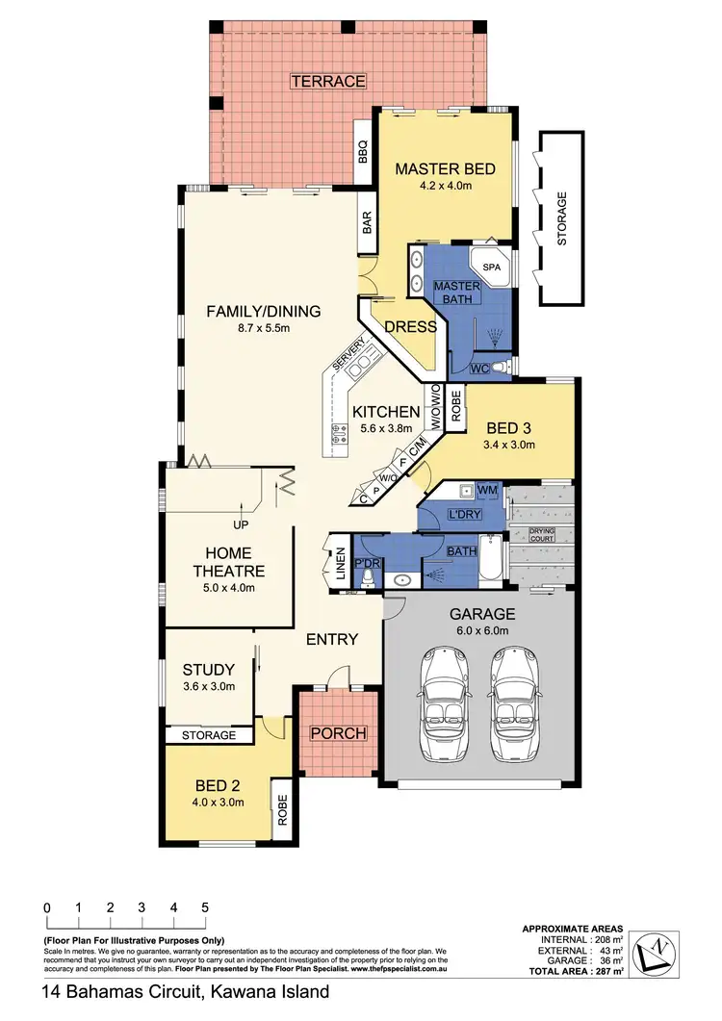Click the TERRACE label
[328, 81]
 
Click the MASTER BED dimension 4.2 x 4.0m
[446, 189]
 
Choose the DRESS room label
[411, 326]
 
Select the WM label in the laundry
[487, 491]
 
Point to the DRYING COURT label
[542, 534]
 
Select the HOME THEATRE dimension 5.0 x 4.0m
[228, 588]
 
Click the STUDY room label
[209, 670]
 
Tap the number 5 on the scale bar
[205, 907]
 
